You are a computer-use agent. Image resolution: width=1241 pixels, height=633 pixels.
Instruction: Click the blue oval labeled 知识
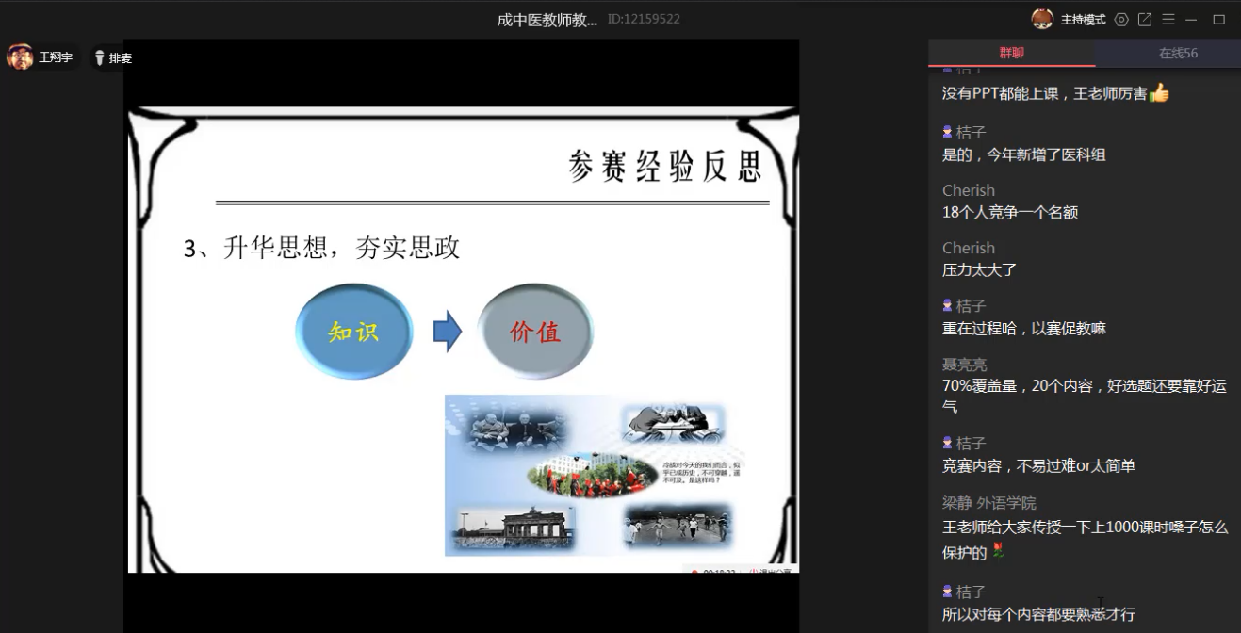click(x=354, y=331)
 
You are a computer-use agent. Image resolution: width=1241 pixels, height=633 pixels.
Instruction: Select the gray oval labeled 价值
click(x=535, y=332)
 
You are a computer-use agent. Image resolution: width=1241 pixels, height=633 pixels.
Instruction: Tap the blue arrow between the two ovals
click(x=447, y=332)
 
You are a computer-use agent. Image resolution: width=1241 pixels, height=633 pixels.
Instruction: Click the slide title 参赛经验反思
click(x=664, y=166)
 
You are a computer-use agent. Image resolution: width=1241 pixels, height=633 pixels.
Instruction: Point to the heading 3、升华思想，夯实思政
click(x=321, y=248)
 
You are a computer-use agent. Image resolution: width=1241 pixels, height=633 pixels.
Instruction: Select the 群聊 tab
click(x=1011, y=54)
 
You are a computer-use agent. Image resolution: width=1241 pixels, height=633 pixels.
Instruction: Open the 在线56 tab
click(x=1178, y=54)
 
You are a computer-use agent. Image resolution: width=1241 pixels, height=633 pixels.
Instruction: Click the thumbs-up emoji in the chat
click(x=1159, y=93)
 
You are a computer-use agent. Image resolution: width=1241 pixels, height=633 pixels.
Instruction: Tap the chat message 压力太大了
click(x=978, y=269)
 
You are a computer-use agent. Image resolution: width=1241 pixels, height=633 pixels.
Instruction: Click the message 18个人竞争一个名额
click(x=1009, y=212)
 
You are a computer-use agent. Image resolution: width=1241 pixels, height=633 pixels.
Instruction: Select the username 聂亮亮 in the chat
click(x=964, y=365)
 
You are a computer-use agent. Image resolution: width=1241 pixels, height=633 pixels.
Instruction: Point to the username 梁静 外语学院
click(x=988, y=503)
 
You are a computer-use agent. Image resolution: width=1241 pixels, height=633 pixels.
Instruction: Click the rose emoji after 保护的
click(x=998, y=552)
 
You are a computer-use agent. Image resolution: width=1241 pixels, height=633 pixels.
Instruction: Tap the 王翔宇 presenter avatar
click(x=20, y=57)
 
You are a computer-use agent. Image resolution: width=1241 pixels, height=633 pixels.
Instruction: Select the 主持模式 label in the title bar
click(x=1083, y=20)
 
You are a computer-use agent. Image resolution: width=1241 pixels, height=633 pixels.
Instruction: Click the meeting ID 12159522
click(x=644, y=19)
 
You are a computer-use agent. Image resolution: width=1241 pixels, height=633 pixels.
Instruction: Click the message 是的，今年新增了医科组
click(x=1023, y=154)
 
